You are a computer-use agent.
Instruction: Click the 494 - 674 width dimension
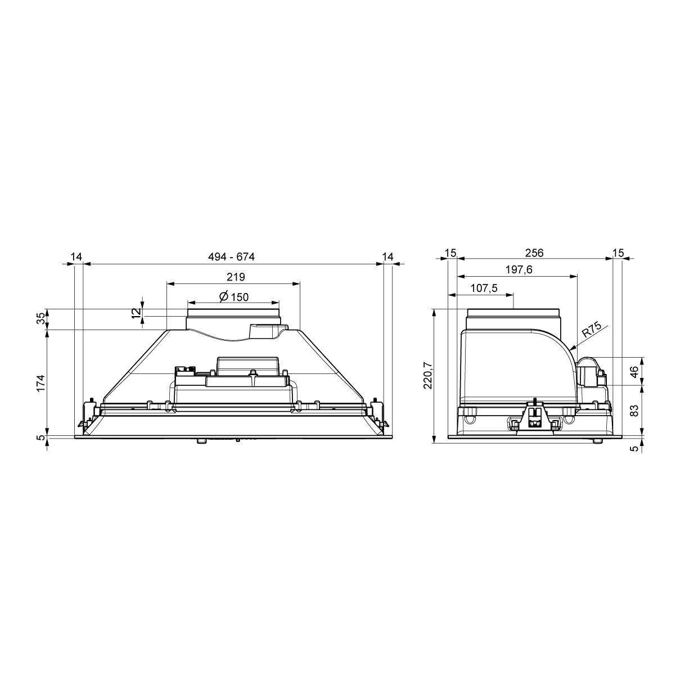tap(231, 256)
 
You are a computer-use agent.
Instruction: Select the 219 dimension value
tap(236, 277)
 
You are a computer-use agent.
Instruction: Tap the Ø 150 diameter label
tap(234, 296)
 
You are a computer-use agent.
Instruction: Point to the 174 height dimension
tap(41, 383)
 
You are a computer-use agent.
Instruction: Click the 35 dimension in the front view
tap(41, 318)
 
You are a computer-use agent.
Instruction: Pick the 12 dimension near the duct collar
tap(136, 313)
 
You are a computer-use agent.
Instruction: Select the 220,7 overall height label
tap(428, 375)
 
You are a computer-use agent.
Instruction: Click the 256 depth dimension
tap(534, 253)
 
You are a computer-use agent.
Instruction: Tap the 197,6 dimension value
tap(519, 269)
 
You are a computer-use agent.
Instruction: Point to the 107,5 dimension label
tap(484, 288)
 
